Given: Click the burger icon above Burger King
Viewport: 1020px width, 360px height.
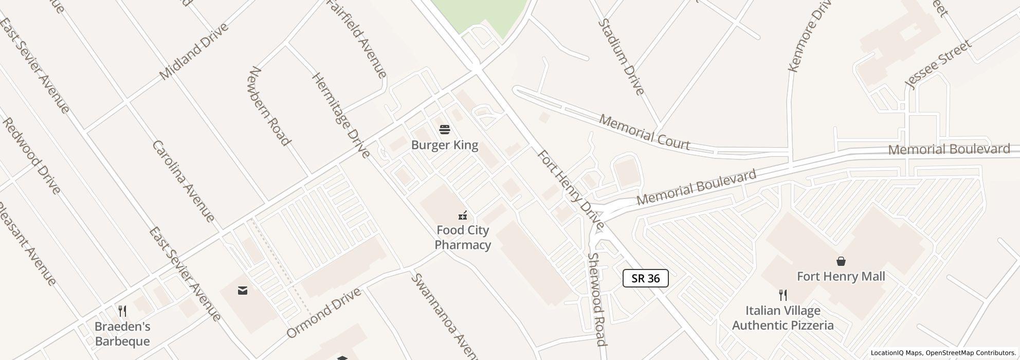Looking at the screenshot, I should tap(445, 129).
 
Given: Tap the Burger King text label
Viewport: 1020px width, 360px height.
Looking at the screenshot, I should tap(445, 145).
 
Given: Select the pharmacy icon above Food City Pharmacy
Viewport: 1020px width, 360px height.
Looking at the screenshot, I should tap(463, 215).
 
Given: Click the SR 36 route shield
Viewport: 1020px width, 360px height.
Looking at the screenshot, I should tap(645, 278).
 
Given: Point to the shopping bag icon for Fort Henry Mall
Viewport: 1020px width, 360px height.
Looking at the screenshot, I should tap(841, 261).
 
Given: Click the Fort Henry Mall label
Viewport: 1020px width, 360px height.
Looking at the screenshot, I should tap(841, 277).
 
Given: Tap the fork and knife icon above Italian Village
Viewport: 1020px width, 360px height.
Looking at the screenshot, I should tap(783, 295).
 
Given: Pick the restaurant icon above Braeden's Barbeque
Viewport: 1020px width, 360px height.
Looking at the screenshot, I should tap(122, 311).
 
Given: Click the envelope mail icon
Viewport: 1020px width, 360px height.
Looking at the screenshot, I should tap(243, 291).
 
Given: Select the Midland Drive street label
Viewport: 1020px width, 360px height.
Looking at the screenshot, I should tap(193, 51).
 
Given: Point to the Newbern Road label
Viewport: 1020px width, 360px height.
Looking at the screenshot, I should tap(269, 106).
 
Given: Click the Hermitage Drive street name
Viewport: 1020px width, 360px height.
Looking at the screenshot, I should tap(341, 115).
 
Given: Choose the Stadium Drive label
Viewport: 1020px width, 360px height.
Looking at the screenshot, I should tap(621, 57).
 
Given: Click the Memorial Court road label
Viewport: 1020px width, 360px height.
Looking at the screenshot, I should tap(645, 133).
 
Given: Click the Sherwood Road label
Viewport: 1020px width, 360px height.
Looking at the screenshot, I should tap(597, 299).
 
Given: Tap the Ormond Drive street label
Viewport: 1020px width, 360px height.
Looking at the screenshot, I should tap(323, 313).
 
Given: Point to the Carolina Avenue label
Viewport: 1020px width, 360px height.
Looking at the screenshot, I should tap(183, 181).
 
